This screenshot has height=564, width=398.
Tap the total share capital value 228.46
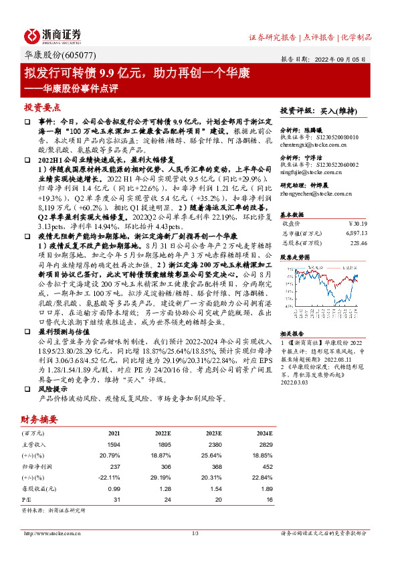(x=359, y=243)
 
